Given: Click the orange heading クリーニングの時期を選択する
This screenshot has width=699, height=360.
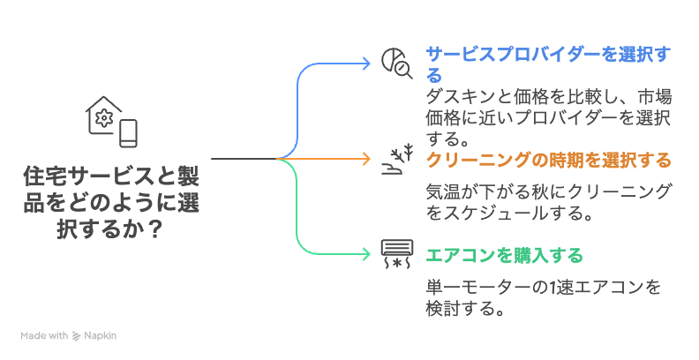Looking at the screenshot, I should tap(548, 161).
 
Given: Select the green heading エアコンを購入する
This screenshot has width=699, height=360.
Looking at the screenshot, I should tap(504, 256).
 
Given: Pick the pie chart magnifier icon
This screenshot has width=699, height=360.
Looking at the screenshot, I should tap(395, 63).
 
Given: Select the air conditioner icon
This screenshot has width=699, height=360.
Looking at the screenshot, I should tap(396, 252).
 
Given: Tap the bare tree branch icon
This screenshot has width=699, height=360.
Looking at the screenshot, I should tap(396, 159).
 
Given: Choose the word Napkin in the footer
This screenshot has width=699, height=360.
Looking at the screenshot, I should tap(101, 335).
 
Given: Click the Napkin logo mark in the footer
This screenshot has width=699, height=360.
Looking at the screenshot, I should tap(77, 335).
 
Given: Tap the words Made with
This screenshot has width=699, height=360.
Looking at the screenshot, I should tap(45, 335).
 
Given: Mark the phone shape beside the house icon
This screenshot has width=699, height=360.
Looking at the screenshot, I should tap(129, 133).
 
